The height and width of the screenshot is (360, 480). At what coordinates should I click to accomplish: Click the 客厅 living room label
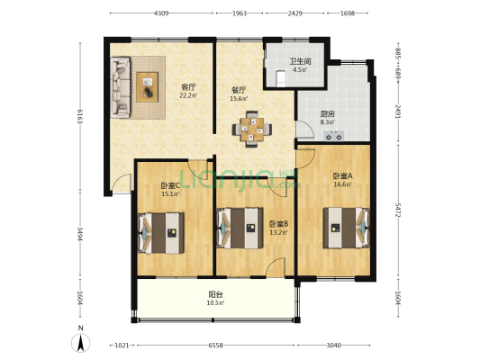click(188, 85)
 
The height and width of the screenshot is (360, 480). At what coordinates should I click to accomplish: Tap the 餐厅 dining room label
click(239, 91)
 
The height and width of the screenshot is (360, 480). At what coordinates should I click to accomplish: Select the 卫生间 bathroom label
click(300, 62)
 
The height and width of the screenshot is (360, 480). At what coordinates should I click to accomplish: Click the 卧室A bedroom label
click(342, 176)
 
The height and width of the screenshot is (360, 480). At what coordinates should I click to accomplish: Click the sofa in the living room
click(120, 87)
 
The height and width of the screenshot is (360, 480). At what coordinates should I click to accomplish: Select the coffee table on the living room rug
click(147, 85)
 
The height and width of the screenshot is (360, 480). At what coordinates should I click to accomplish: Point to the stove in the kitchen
click(333, 137)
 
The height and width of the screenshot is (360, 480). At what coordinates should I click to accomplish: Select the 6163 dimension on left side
click(80, 116)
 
